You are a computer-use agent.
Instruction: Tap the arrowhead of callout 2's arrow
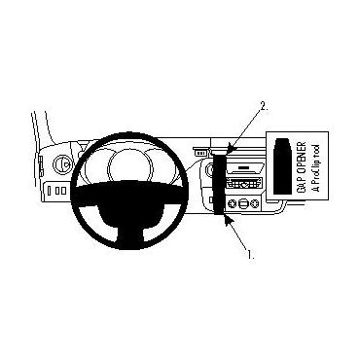pyautogui.click(x=227, y=150)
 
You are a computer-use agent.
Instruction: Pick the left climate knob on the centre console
pyautogui.click(x=234, y=205)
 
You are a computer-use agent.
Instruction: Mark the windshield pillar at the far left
pyautogui.click(x=40, y=136)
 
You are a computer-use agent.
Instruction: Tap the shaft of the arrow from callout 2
pyautogui.click(x=244, y=128)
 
